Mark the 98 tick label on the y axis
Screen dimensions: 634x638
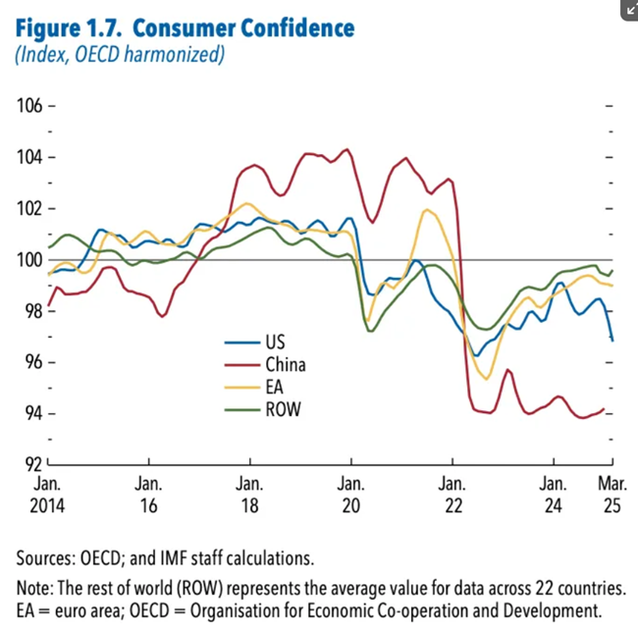tap(34, 311)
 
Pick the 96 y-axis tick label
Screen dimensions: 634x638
tap(34, 362)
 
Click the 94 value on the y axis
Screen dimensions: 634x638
tap(34, 413)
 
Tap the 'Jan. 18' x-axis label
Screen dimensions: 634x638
tap(250, 494)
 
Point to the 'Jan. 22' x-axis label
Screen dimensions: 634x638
tap(452, 494)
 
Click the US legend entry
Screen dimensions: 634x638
tap(274, 343)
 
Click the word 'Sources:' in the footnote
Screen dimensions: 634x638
tap(49, 558)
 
